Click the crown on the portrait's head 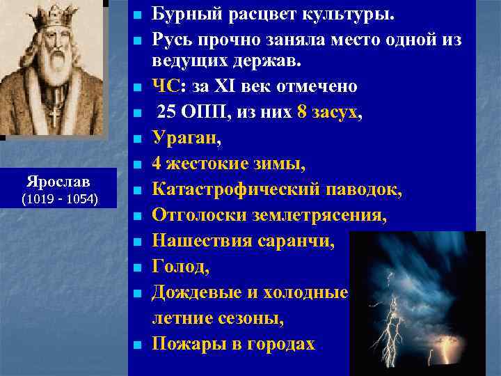pyautogui.click(x=51, y=16)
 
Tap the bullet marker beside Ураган pyautogui.click(x=137, y=139)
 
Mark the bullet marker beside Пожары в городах pyautogui.click(x=137, y=344)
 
